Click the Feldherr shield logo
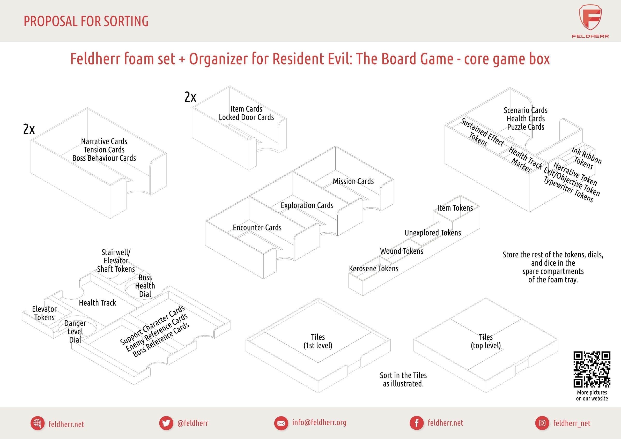click(x=590, y=17)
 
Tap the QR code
click(x=592, y=369)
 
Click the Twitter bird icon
click(x=166, y=423)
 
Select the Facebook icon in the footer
click(x=417, y=423)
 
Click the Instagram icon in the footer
click(x=542, y=423)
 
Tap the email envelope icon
click(x=281, y=423)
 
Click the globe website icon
click(x=37, y=423)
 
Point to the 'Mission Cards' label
click(x=353, y=181)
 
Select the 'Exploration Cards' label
click(x=307, y=205)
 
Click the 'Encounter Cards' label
click(x=257, y=227)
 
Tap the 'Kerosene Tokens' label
click(x=374, y=269)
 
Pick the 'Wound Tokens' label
click(x=402, y=251)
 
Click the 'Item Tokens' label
click(x=455, y=208)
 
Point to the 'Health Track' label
click(x=97, y=303)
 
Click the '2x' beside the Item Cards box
click(x=190, y=97)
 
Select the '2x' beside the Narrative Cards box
click(x=29, y=129)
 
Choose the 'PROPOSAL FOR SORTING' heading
click(x=86, y=21)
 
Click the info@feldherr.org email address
click(x=319, y=422)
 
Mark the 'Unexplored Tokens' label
click(x=433, y=233)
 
